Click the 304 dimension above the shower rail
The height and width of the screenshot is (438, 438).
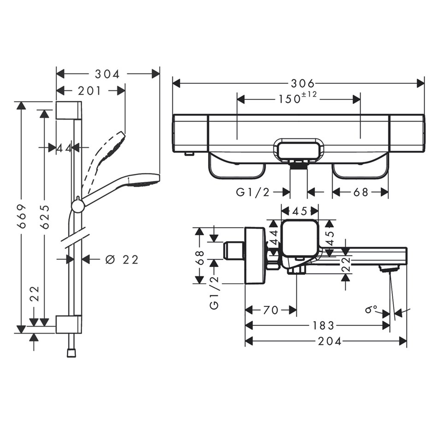pos(107,74)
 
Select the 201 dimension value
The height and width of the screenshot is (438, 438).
pos(89,91)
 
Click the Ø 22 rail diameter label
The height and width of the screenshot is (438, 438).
pos(122,260)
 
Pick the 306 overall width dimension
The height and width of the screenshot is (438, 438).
pos(302,84)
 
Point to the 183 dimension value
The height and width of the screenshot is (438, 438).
pos(323,326)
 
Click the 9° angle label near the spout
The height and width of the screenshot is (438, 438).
pos(371,309)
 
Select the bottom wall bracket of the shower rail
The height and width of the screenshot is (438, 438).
pos(69,324)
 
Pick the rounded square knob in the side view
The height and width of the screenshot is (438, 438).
pos(300,238)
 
